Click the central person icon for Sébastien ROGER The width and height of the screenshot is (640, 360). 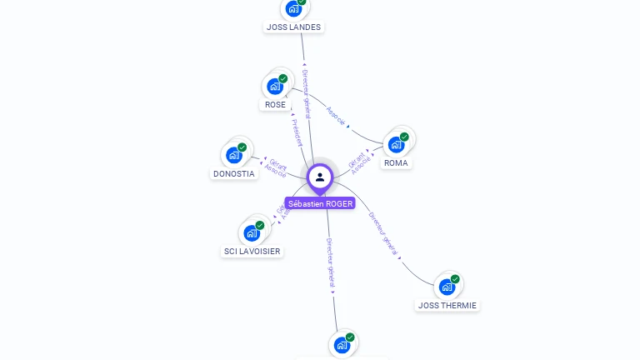pos(320,177)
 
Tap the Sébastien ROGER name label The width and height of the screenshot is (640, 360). pos(320,203)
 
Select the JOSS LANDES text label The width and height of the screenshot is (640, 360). pos(293,27)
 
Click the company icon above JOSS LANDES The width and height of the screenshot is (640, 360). pos(292,8)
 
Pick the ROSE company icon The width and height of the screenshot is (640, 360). pos(275,86)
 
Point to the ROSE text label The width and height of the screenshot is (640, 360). pos(275,105)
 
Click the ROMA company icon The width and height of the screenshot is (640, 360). pos(397,144)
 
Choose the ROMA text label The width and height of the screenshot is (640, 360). pos(396,162)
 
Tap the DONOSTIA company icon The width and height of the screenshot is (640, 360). pos(234,155)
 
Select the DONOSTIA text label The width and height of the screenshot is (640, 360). pos(234,174)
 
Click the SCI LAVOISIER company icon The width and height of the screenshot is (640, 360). pos(252,232)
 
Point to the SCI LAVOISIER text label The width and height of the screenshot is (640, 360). pos(252,251)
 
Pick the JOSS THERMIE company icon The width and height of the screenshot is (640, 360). pos(447,287)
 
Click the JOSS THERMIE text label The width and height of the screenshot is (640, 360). pos(447,306)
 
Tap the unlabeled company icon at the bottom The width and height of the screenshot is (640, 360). pos(342,344)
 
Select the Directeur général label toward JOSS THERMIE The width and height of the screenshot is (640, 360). pos(384,232)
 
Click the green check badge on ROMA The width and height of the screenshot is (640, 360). pos(404,137)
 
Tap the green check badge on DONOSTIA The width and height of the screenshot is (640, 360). pos(242,147)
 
